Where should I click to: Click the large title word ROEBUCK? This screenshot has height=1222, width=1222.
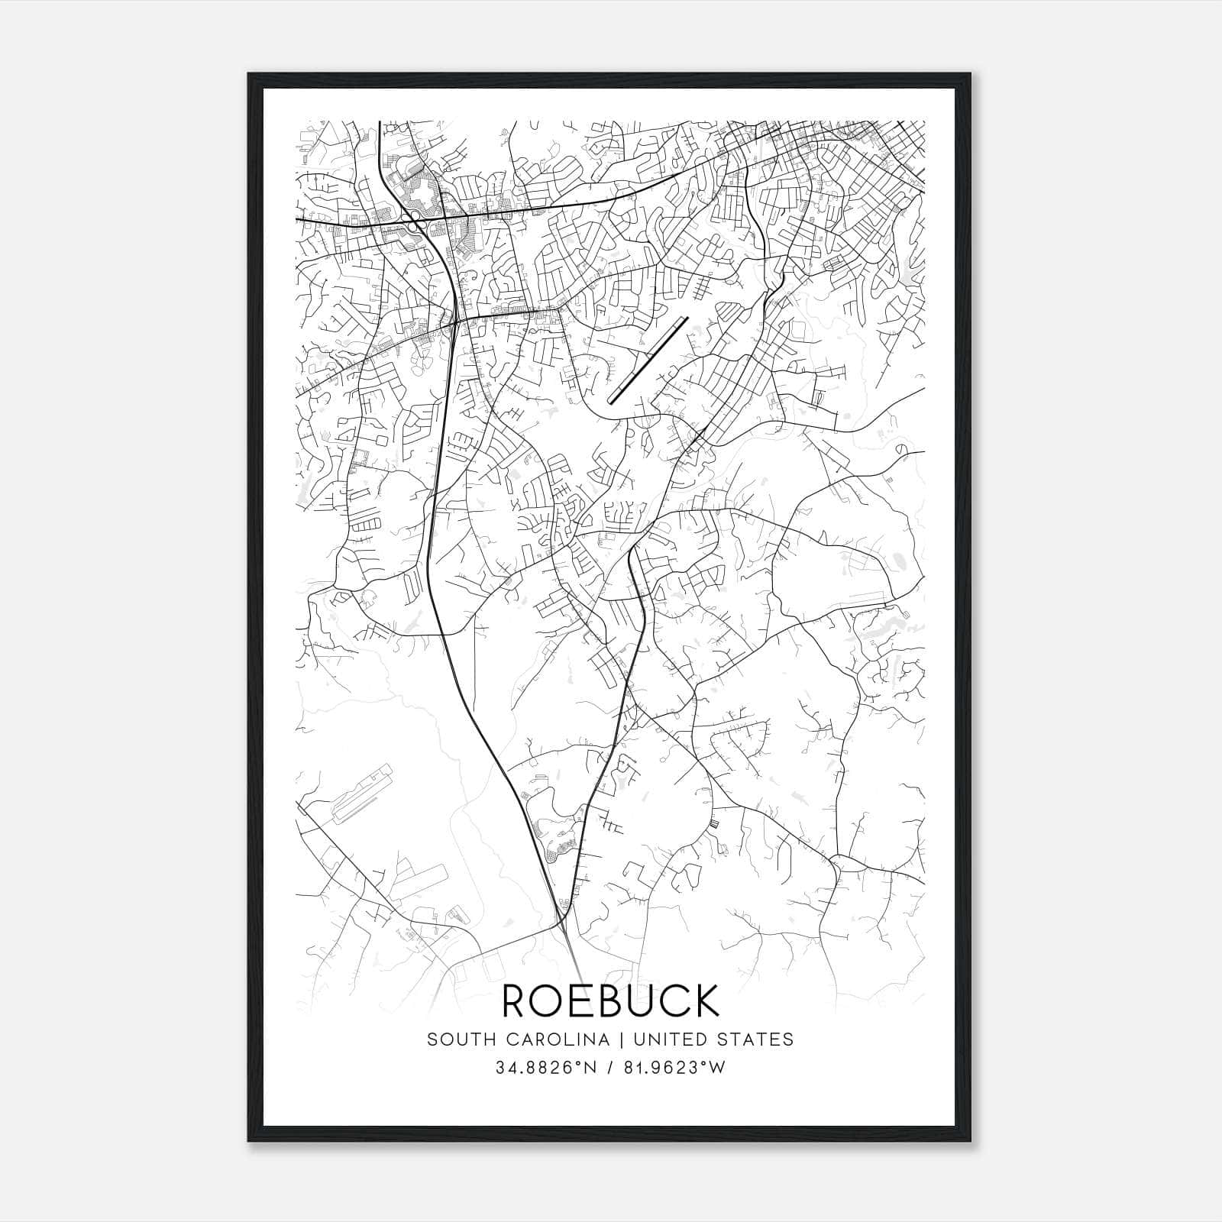(x=610, y=1001)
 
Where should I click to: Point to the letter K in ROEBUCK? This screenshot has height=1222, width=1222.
(x=706, y=1001)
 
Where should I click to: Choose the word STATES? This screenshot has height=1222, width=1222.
(x=755, y=1039)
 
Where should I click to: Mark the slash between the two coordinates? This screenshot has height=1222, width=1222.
(x=611, y=1068)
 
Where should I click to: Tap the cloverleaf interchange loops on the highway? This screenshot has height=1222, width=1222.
(x=412, y=225)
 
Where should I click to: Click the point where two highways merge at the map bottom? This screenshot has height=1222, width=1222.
(x=563, y=920)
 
